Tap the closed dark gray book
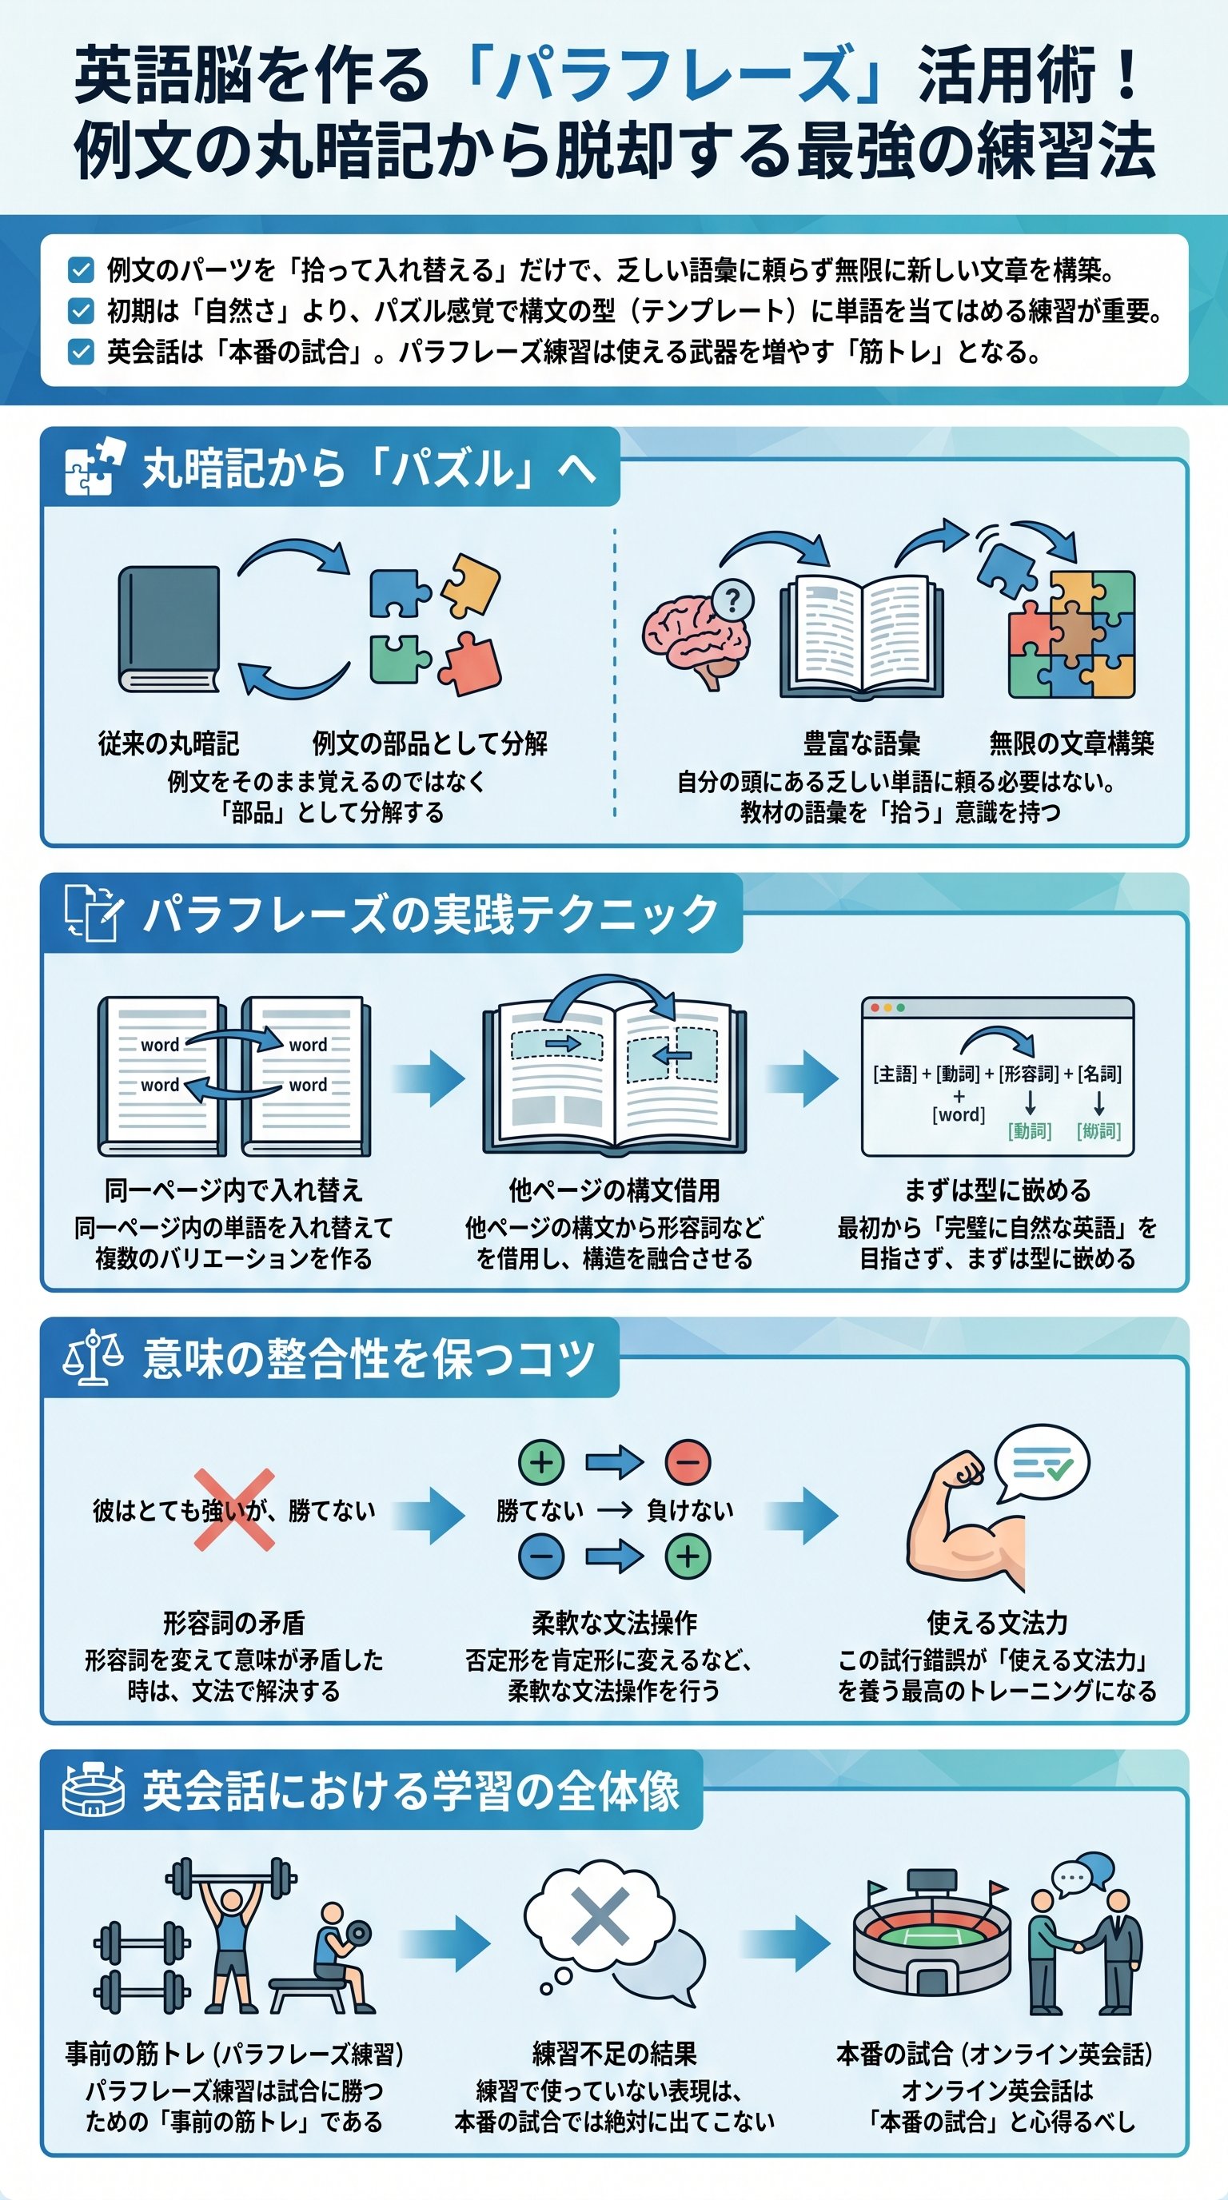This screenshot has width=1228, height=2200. tap(169, 628)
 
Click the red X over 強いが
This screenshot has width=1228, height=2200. tap(234, 1510)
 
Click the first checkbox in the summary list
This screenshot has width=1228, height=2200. tap(80, 271)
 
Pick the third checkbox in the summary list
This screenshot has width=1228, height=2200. tap(80, 352)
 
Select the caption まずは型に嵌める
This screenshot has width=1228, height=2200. tap(997, 1190)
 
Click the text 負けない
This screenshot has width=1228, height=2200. tap(690, 1511)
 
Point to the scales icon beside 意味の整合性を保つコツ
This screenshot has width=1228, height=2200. tap(93, 1358)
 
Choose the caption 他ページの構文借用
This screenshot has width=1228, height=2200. tap(614, 1190)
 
